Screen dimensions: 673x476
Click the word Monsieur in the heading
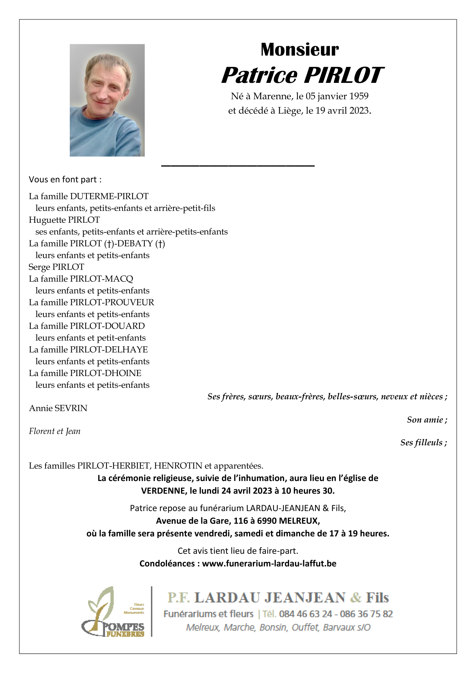(x=299, y=49)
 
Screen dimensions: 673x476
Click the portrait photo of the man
(x=107, y=100)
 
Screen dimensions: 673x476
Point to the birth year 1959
(x=359, y=96)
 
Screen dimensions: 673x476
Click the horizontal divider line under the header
(x=238, y=166)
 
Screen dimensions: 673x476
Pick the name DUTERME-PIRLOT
(x=109, y=196)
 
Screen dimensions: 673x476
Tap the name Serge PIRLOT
(x=56, y=267)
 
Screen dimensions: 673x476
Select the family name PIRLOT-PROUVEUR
(x=112, y=302)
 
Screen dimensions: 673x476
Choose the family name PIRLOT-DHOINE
(x=106, y=373)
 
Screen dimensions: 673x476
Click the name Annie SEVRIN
(x=58, y=408)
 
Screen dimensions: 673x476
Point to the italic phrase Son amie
(x=427, y=420)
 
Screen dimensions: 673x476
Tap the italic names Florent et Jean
(x=55, y=431)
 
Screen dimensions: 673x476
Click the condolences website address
(x=269, y=564)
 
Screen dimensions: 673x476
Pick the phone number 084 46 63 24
(x=305, y=614)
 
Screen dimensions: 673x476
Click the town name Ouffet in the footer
(x=305, y=627)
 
